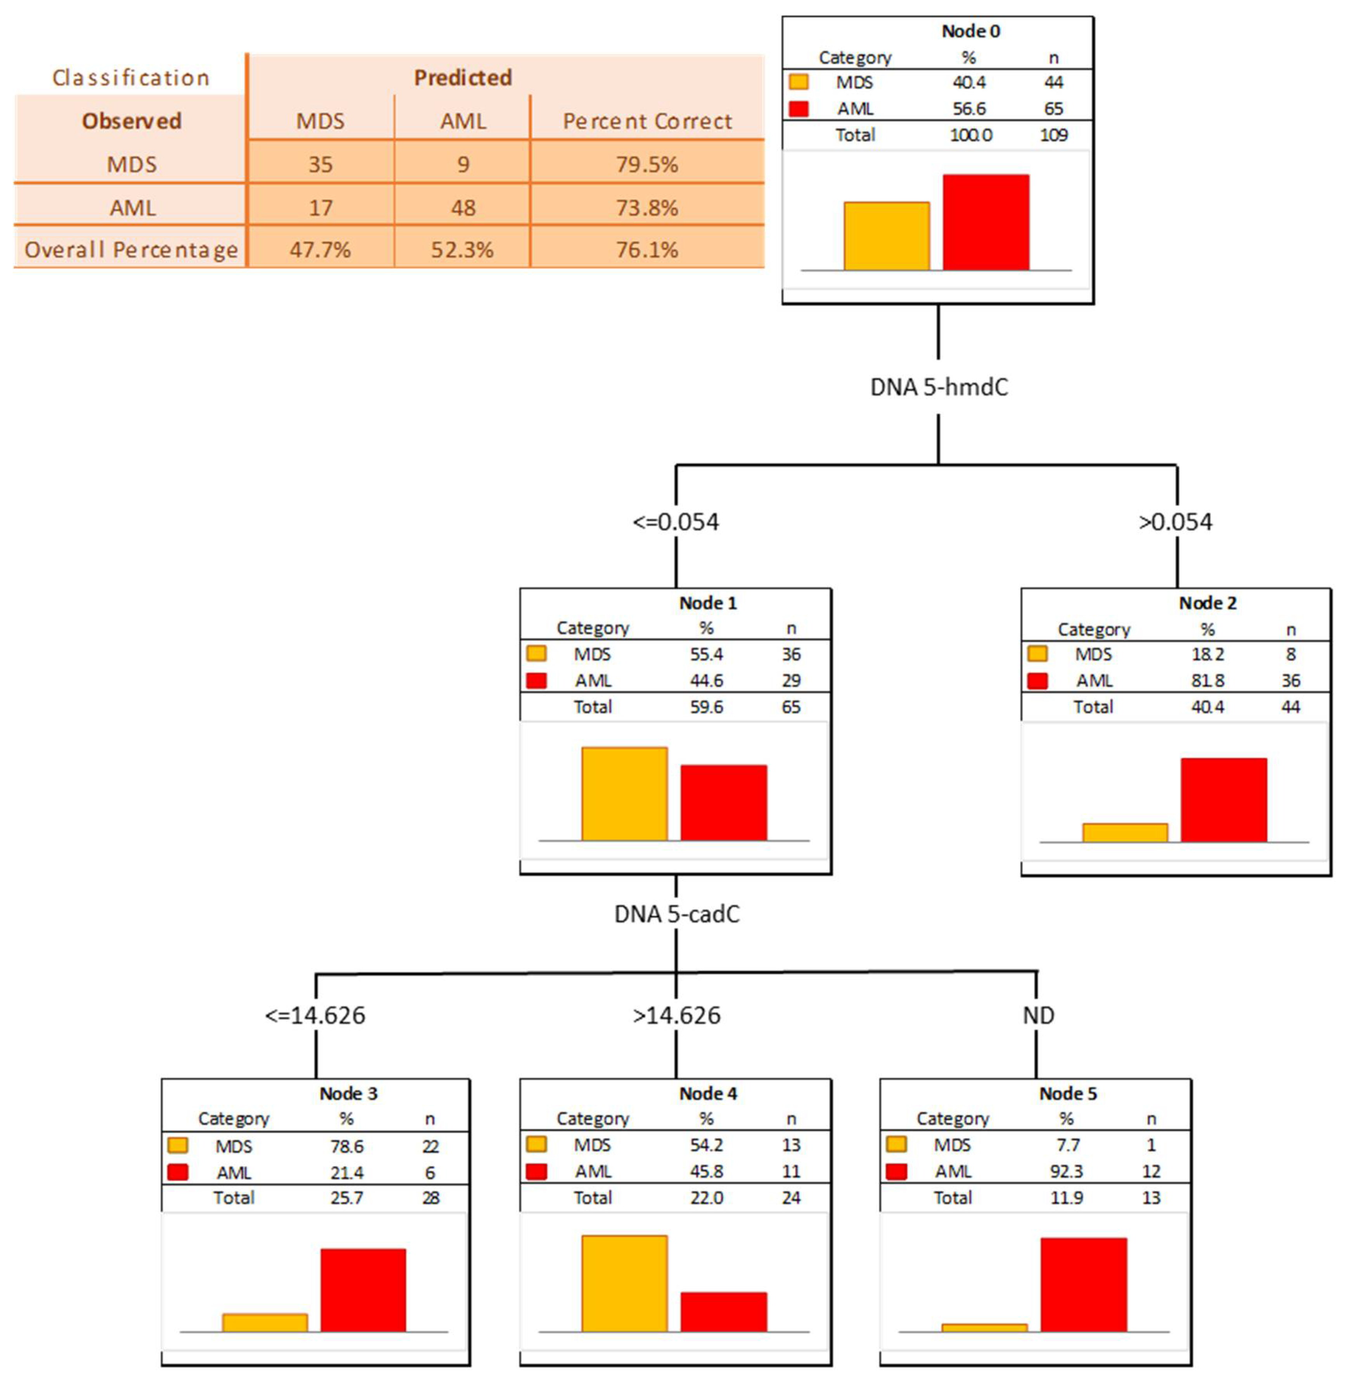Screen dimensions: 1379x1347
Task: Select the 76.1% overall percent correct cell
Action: (x=647, y=250)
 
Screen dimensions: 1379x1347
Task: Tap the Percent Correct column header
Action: (x=647, y=121)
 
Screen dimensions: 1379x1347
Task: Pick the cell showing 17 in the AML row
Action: (x=320, y=208)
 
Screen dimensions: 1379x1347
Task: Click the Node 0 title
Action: (x=971, y=31)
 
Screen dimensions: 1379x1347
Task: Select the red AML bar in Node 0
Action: (x=986, y=222)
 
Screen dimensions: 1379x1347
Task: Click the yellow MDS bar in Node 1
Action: (x=624, y=794)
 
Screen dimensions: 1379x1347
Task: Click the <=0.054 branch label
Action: (x=676, y=522)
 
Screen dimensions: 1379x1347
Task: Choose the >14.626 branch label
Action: (x=676, y=1015)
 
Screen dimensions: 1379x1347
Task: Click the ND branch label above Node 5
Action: (x=1038, y=1015)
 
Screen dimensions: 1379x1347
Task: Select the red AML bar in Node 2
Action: (x=1223, y=800)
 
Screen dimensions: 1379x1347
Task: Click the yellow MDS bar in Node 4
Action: (x=624, y=1284)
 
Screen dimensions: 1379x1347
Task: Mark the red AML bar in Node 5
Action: (x=1083, y=1285)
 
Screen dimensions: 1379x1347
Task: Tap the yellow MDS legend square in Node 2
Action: (x=1037, y=653)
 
